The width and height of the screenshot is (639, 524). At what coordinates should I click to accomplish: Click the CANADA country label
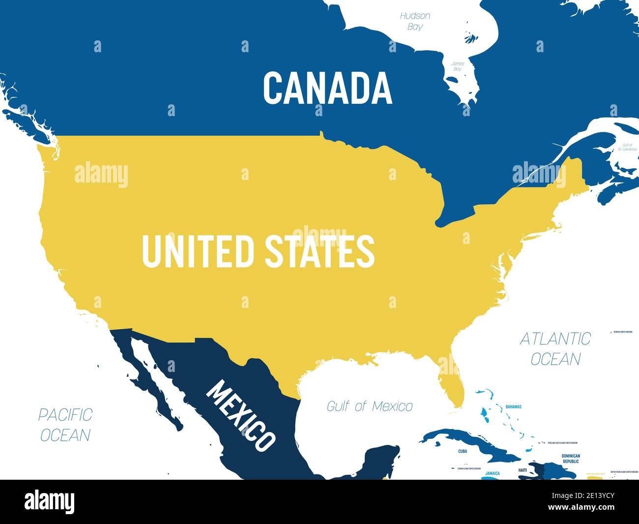[327, 88]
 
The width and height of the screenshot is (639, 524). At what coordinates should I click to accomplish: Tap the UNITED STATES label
[259, 251]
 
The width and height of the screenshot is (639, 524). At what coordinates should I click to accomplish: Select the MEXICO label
[240, 416]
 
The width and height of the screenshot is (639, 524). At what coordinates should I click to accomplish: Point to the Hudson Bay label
[415, 21]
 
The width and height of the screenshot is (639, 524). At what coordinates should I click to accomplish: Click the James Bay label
[458, 66]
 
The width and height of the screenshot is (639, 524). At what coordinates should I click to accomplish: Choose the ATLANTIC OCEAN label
[555, 348]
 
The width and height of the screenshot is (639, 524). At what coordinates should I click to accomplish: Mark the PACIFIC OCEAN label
[65, 425]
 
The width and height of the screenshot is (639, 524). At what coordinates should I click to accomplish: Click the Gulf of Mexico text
[370, 406]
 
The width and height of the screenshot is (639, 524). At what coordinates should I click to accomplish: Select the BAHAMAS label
[513, 407]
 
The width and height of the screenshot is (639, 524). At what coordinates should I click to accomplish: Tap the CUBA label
[463, 451]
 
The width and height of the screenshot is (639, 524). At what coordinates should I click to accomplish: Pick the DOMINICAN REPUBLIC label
[571, 459]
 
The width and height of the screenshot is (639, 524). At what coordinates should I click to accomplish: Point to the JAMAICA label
[492, 473]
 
